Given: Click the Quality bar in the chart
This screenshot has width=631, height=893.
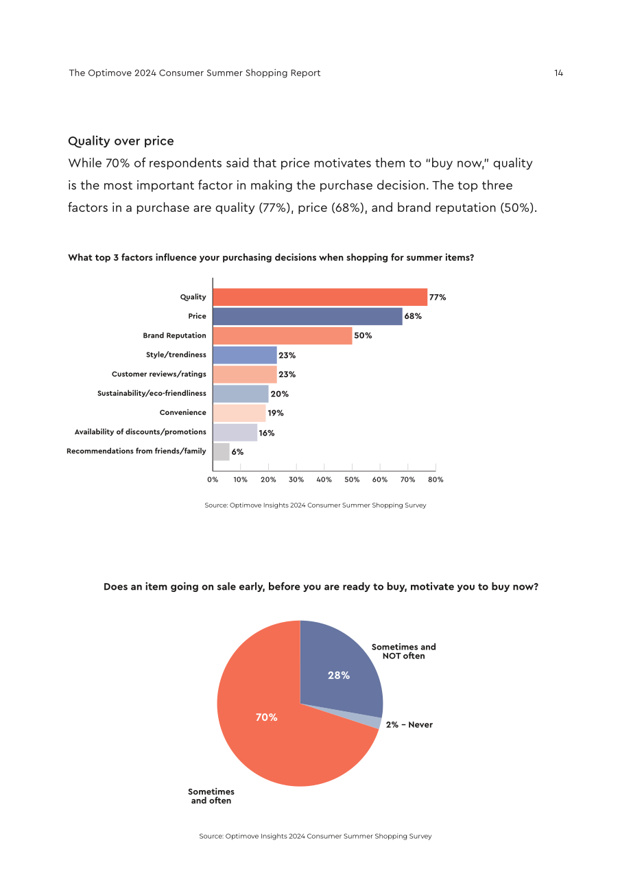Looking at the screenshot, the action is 320,297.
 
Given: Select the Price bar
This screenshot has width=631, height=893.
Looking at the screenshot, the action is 308,316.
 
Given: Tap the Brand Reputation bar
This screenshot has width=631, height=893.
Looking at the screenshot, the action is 283,335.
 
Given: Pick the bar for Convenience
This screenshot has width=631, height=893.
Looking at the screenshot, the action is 239,413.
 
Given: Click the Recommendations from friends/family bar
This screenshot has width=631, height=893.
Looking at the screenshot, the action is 222,451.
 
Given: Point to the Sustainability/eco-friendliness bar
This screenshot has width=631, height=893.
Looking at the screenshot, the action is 241,394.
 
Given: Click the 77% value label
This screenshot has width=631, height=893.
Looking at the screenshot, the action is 438,297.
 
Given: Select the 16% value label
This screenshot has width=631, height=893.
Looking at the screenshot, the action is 267,433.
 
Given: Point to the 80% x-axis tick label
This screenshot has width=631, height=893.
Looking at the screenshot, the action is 436,479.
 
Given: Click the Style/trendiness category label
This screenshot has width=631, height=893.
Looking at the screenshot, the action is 176,355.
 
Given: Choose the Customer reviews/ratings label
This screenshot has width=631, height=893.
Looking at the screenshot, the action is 159,374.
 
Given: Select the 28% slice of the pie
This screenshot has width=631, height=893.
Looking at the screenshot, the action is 339,674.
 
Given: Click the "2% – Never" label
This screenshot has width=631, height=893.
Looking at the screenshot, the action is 409,724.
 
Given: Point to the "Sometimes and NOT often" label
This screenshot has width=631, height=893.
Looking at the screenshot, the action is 403,651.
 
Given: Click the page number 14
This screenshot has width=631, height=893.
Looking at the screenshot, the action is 558,73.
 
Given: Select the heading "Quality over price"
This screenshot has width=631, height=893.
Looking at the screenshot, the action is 121,141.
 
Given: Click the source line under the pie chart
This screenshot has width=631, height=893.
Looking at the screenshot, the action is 315,836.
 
